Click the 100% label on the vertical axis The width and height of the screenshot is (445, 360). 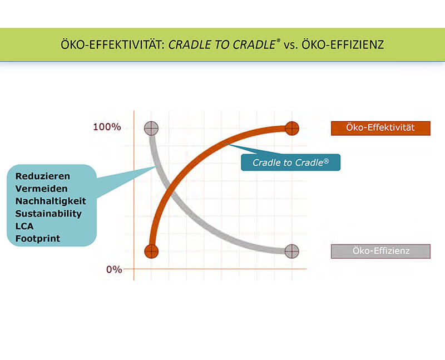pyautogui.click(x=107, y=127)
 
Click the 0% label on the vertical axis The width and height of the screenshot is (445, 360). pyautogui.click(x=114, y=269)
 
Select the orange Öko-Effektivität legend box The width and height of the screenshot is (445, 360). pyautogui.click(x=380, y=128)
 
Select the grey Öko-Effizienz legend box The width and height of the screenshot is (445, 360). pyautogui.click(x=380, y=251)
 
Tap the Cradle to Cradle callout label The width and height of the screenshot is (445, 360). pyautogui.click(x=290, y=162)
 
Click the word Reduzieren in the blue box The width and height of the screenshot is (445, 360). pyautogui.click(x=43, y=176)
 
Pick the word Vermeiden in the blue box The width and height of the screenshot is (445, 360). pyautogui.click(x=41, y=189)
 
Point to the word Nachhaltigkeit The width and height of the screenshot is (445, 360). pyautogui.click(x=51, y=201)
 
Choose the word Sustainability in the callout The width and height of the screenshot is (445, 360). pyautogui.click(x=48, y=214)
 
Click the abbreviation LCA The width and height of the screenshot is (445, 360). pyautogui.click(x=24, y=226)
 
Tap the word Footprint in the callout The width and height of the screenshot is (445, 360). pyautogui.click(x=37, y=239)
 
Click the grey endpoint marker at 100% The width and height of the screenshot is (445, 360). pyautogui.click(x=151, y=129)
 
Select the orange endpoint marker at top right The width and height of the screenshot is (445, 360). pyautogui.click(x=291, y=129)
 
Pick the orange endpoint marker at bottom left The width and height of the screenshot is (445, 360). pyautogui.click(x=151, y=251)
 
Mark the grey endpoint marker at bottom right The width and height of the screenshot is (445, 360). pyautogui.click(x=291, y=251)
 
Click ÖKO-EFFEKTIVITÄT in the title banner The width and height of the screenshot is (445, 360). pyautogui.click(x=113, y=45)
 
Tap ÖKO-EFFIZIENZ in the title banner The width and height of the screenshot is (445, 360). pyautogui.click(x=343, y=45)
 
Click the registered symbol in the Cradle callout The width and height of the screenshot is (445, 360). pyautogui.click(x=326, y=161)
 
